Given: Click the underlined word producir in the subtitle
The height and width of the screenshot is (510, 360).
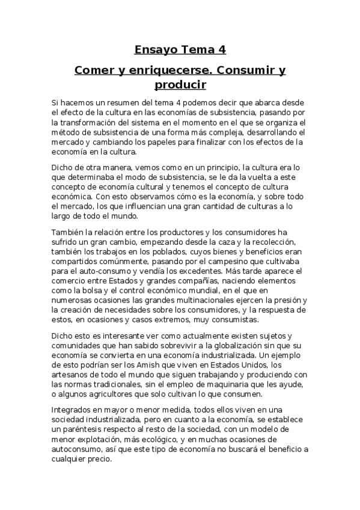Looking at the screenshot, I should point(180,85).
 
